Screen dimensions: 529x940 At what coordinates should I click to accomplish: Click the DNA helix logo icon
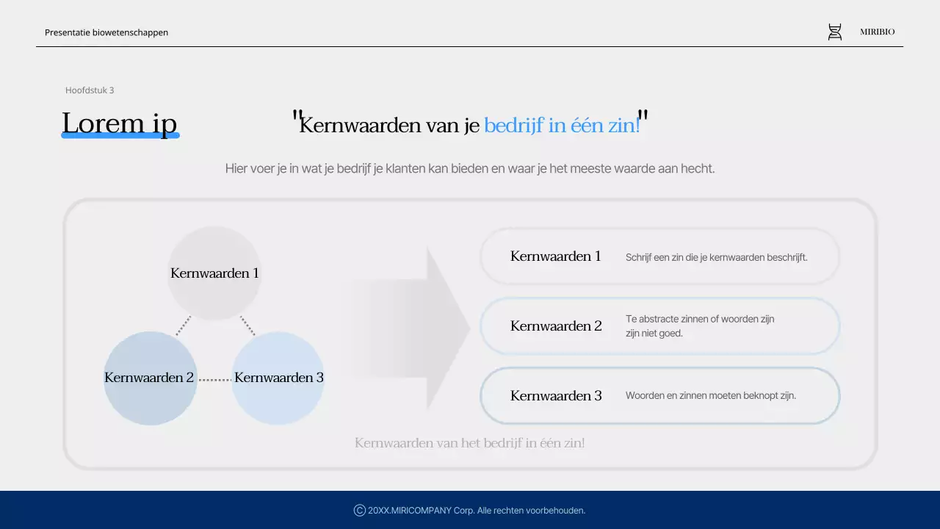(x=835, y=32)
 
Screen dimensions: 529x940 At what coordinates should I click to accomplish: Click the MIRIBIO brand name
(x=877, y=32)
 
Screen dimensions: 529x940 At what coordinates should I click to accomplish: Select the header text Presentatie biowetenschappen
(x=106, y=32)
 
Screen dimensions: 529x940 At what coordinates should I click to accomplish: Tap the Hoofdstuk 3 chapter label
(x=90, y=90)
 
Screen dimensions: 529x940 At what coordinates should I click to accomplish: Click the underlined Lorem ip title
(x=120, y=123)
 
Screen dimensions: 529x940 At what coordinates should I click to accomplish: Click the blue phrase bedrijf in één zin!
(x=562, y=125)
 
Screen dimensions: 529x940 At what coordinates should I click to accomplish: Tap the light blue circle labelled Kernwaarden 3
(x=278, y=400)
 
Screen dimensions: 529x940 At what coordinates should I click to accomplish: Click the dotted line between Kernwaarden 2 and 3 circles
(x=214, y=380)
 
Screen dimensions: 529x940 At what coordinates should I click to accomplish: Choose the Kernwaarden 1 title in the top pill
(x=555, y=256)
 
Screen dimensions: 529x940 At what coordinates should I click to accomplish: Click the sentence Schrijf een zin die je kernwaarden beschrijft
(x=716, y=258)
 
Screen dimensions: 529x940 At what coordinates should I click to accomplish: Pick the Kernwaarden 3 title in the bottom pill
(x=556, y=396)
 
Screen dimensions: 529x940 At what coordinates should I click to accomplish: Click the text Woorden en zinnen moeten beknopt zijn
(x=710, y=395)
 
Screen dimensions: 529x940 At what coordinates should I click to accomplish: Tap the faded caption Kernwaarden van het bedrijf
(x=469, y=443)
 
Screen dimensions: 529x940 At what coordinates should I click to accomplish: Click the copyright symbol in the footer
(x=360, y=511)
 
